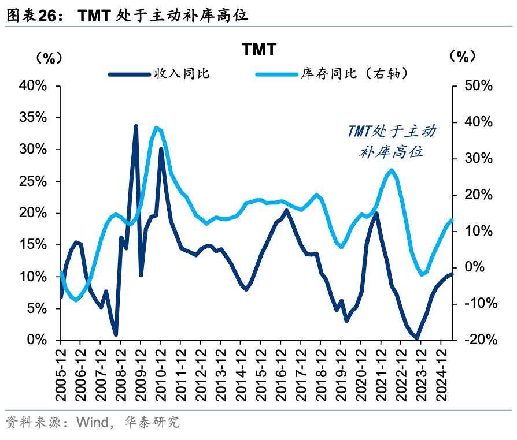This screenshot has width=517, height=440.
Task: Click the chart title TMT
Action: point(258,50)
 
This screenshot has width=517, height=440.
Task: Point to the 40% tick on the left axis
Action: point(32,86)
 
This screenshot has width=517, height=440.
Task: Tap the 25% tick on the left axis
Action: point(32,181)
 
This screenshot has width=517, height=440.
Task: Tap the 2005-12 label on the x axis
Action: point(61,372)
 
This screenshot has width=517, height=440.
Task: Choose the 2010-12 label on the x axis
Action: point(161,372)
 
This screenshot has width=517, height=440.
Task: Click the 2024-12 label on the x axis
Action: point(442,372)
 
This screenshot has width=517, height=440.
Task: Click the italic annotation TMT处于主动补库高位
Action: point(392,141)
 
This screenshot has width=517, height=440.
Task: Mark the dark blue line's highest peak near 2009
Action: point(136,126)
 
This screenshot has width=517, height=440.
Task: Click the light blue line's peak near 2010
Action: point(156,128)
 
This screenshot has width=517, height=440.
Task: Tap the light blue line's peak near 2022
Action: point(392,170)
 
